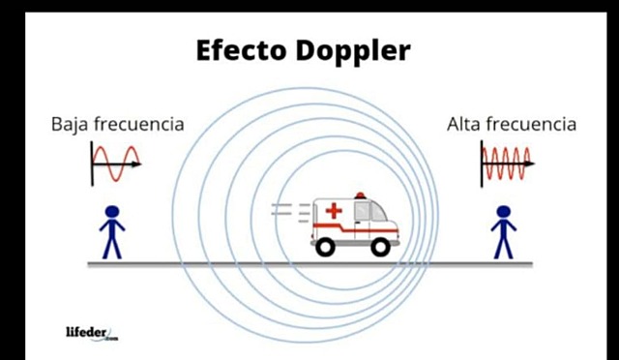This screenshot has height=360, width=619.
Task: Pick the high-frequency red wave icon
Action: click(x=507, y=164)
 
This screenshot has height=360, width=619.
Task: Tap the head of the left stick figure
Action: click(x=112, y=212)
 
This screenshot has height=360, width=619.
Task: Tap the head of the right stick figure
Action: click(x=503, y=212)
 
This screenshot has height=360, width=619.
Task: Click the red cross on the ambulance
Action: click(x=334, y=210)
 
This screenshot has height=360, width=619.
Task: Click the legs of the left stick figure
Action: click(x=112, y=246)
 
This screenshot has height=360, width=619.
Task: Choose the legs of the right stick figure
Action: click(x=503, y=246)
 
